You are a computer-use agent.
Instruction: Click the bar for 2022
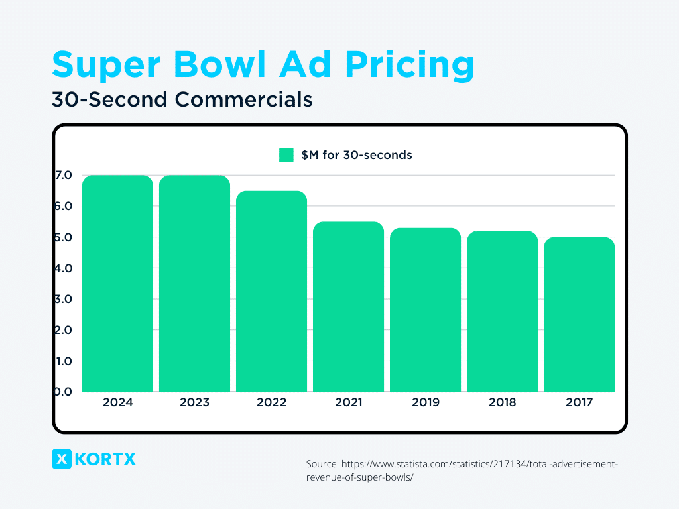[x=271, y=292]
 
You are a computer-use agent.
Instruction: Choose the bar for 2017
[x=579, y=315]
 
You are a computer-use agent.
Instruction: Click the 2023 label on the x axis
[x=194, y=402]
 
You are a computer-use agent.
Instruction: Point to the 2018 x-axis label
[x=502, y=402]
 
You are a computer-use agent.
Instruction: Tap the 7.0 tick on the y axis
[x=64, y=176]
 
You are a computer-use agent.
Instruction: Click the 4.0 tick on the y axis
[x=64, y=268]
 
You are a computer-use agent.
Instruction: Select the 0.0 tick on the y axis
[x=64, y=392]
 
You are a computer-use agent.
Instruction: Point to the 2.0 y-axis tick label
[x=64, y=330]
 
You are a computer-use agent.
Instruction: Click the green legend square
[x=286, y=155]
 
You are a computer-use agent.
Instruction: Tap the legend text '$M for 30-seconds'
[x=356, y=155]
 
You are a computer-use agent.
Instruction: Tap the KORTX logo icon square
[x=61, y=459]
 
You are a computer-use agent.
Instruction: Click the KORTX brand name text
[x=106, y=459]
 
